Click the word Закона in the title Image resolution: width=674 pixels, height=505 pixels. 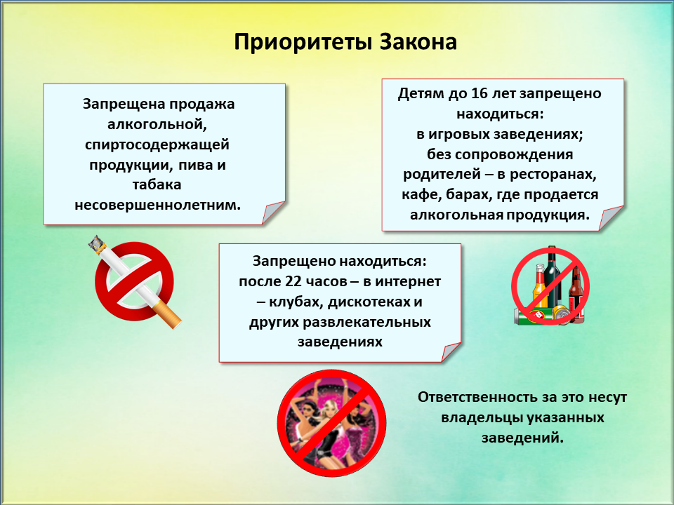[x=418, y=42]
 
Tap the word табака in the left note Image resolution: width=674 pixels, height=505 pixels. [x=157, y=184]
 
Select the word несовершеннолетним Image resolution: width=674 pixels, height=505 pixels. [x=157, y=205]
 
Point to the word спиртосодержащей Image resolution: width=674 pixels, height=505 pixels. [x=157, y=145]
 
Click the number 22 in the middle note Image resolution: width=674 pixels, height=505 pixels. [x=293, y=281]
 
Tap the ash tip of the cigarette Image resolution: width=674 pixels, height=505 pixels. [x=97, y=244]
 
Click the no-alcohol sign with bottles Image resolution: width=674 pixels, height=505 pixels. [x=550, y=285]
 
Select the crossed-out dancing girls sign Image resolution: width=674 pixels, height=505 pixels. [x=331, y=423]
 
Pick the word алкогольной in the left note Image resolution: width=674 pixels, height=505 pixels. [x=157, y=125]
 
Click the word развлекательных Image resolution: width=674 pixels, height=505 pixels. [x=340, y=322]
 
